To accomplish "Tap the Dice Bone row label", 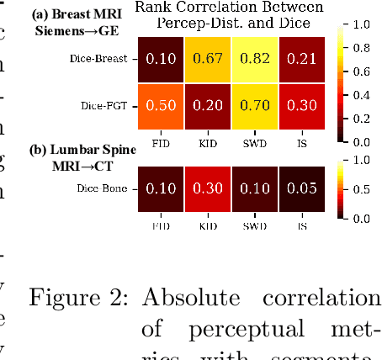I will tap(104, 188).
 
